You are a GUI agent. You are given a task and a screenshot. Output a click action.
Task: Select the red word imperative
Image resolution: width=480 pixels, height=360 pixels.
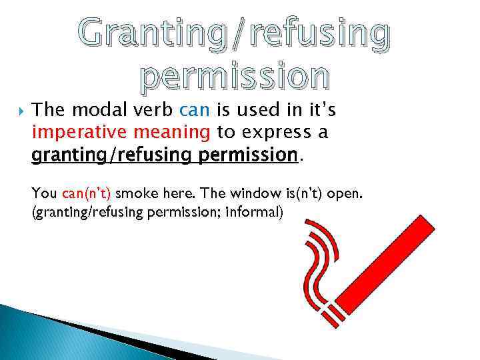pos(73,133)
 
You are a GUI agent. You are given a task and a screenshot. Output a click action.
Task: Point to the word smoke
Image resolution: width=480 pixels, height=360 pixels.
pos(135,194)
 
